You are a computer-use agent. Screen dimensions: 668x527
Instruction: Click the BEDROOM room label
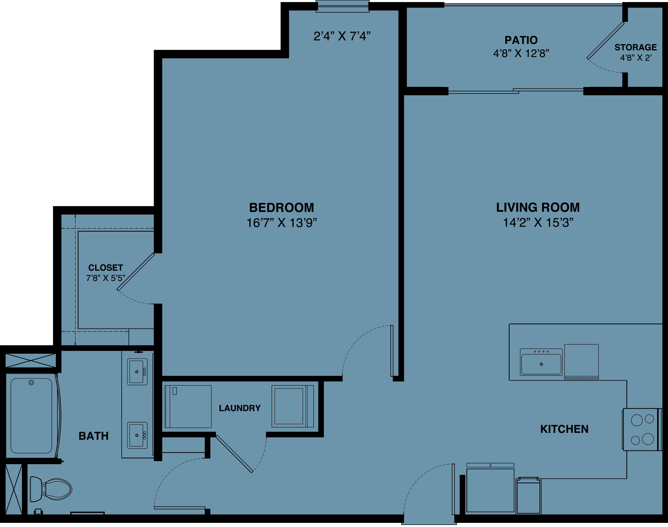coord(282,208)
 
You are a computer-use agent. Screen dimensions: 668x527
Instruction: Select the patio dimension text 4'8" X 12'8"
coord(521,53)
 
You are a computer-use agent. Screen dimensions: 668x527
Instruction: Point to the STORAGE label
coord(636,47)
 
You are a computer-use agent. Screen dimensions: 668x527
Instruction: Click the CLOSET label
coord(106,267)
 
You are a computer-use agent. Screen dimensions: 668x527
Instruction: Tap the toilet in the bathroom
coord(51,489)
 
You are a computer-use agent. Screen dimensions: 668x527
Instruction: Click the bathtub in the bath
coord(31,416)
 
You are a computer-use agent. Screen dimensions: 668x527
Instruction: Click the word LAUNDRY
coord(240,408)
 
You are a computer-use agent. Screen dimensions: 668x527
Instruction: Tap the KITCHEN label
coord(564,429)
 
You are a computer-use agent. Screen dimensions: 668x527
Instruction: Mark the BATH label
coord(94,436)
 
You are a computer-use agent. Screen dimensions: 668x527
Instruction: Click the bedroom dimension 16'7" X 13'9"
coord(282,222)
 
